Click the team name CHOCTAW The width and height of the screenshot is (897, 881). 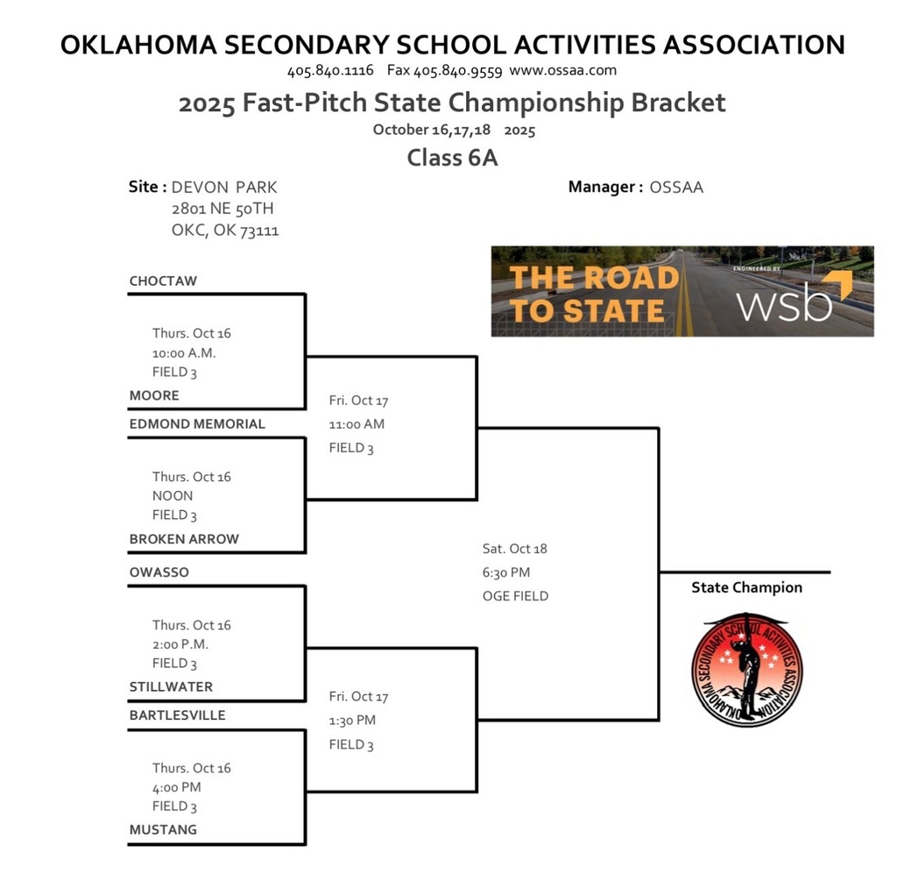tap(163, 281)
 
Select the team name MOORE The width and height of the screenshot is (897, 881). tap(154, 395)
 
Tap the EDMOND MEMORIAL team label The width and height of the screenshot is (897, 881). tap(197, 423)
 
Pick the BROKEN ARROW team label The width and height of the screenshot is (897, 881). tap(184, 538)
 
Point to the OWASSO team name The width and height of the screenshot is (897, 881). tap(159, 572)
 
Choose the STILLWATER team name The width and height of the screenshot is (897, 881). tap(171, 686)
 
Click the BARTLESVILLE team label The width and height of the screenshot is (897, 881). tap(177, 714)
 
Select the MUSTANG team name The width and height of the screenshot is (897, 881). tap(163, 829)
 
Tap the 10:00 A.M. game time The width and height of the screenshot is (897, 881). tap(184, 352)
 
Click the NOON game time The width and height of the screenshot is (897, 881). tap(173, 495)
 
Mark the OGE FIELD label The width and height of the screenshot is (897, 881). tap(515, 596)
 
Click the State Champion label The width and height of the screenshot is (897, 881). tap(746, 587)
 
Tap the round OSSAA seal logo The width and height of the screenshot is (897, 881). tap(747, 669)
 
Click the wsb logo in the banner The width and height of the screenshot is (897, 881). tap(785, 302)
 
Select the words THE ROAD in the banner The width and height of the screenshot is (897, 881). tap(594, 278)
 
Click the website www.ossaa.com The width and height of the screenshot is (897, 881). tap(562, 70)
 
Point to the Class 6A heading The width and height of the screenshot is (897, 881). tap(452, 159)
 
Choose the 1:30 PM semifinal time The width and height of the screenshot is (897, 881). tap(352, 721)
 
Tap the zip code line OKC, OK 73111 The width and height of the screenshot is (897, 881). tap(225, 231)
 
